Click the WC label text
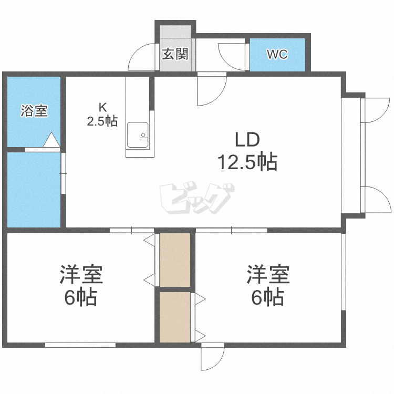(277, 54)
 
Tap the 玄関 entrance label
(175, 54)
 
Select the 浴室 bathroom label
(34, 111)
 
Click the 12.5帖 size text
(247, 162)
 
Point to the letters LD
(247, 140)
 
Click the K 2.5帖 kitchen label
(102, 115)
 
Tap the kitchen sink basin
(138, 135)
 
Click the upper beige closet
(175, 260)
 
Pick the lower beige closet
(175, 317)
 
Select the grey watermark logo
(197, 198)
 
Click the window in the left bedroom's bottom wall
(80, 345)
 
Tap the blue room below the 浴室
(34, 190)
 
